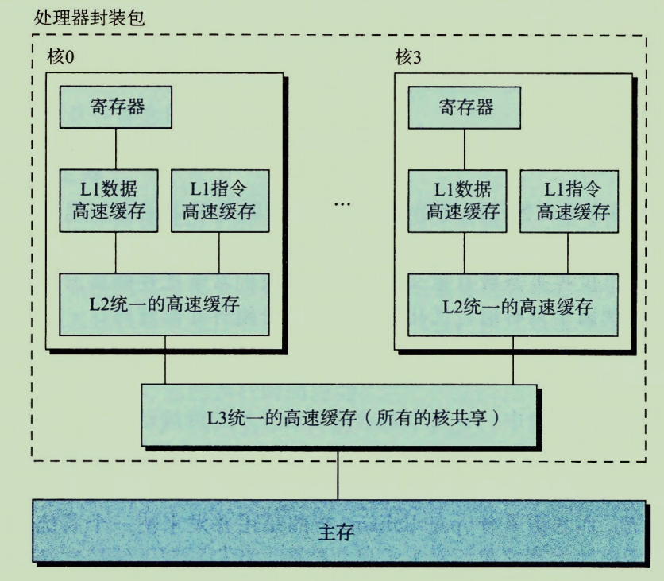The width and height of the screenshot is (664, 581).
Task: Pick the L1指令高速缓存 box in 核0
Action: pyautogui.click(x=218, y=200)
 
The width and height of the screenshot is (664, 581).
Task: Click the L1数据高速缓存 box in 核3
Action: pyautogui.click(x=457, y=200)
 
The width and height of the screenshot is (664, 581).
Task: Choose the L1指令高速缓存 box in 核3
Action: pyautogui.click(x=568, y=200)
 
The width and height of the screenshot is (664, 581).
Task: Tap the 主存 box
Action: pyautogui.click(x=337, y=531)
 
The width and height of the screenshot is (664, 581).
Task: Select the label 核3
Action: pyautogui.click(x=409, y=57)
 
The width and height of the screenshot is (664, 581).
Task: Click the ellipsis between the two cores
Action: pyautogui.click(x=342, y=205)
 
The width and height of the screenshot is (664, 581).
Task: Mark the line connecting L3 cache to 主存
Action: pyautogui.click(x=338, y=474)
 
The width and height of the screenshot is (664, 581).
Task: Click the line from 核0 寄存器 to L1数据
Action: pyautogui.click(x=116, y=149)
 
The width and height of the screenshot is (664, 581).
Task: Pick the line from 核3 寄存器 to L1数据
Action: pyautogui.click(x=465, y=149)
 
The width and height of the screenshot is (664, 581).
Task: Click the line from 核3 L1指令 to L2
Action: pyautogui.click(x=568, y=253)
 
